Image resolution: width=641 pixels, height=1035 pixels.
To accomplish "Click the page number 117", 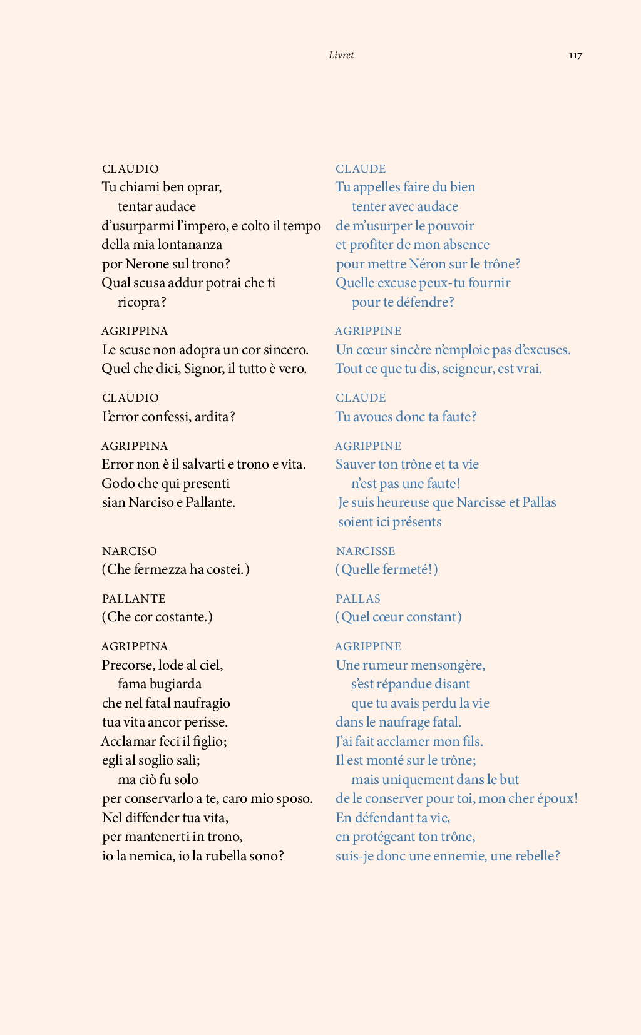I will pos(575,56).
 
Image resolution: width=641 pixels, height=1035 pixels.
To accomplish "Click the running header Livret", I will pos(341,55).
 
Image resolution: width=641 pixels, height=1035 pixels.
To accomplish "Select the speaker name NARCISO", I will pos(130,551).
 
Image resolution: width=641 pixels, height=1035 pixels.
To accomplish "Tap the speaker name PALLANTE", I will pos(134,599).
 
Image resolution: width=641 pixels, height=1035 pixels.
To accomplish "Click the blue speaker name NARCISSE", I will pos(366,551).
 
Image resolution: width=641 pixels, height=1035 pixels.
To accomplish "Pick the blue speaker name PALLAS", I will pos(358,599).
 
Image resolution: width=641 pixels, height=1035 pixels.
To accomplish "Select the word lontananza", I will pos(190,245).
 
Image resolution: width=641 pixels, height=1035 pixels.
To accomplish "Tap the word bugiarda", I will pos(176,684).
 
